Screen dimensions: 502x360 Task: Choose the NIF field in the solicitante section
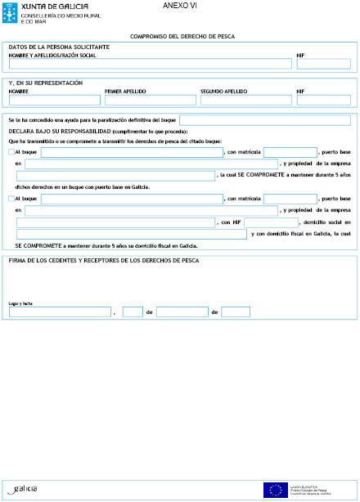(323, 64)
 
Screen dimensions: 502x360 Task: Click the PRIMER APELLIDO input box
(150, 100)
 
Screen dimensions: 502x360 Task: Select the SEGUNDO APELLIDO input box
(245, 100)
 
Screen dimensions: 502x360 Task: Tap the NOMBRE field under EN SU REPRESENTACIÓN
(53, 100)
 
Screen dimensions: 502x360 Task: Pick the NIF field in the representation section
(323, 100)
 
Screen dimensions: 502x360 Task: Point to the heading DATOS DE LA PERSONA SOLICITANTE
(59, 47)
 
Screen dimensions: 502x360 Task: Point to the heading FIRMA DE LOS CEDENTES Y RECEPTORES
(102, 261)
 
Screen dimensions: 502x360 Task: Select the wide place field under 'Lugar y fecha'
(60, 312)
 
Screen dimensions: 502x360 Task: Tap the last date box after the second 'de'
(236, 312)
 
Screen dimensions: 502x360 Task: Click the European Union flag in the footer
(273, 489)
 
